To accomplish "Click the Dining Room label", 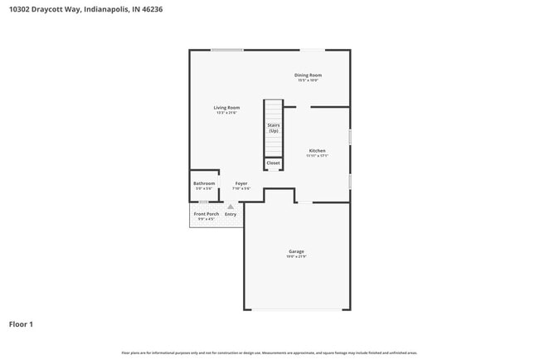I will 308,75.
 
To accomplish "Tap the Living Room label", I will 226,107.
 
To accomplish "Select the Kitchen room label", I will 318,150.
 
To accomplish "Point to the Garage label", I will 296,251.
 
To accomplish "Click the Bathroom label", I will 204,183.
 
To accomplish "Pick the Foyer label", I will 241,183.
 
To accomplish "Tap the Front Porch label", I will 206,214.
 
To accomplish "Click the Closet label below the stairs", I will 273,163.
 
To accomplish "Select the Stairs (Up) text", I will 273,128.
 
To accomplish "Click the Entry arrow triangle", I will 231,207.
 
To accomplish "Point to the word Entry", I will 231,214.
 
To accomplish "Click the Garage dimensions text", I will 296,257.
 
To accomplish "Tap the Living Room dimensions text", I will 226,113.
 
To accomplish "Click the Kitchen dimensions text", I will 318,156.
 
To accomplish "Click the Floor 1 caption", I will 21,324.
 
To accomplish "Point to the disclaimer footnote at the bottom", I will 269,353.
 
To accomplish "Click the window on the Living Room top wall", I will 226,50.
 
